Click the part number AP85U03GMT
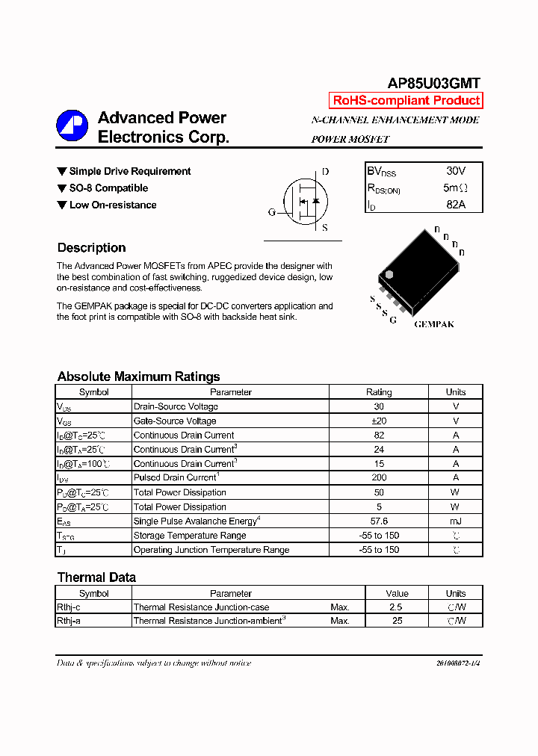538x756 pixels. (x=433, y=84)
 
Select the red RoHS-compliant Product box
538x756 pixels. (x=406, y=101)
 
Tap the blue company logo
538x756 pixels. (x=72, y=126)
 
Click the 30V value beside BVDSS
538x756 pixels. (x=455, y=171)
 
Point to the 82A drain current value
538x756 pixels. (x=455, y=204)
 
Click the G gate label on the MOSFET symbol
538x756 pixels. (x=271, y=212)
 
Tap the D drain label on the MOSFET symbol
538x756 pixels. (x=325, y=172)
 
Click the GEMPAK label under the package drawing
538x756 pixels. (x=434, y=324)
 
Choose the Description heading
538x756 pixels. (x=91, y=248)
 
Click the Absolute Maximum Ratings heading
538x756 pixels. (x=138, y=377)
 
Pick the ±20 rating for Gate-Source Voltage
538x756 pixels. (x=379, y=421)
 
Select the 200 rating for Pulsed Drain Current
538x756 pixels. (x=379, y=478)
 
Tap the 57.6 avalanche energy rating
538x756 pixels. (x=379, y=521)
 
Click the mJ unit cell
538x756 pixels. (x=456, y=521)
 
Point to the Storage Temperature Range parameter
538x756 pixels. (x=189, y=536)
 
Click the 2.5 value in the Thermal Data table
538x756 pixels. (x=396, y=607)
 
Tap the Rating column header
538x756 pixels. (x=379, y=392)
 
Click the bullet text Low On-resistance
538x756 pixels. (x=113, y=205)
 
